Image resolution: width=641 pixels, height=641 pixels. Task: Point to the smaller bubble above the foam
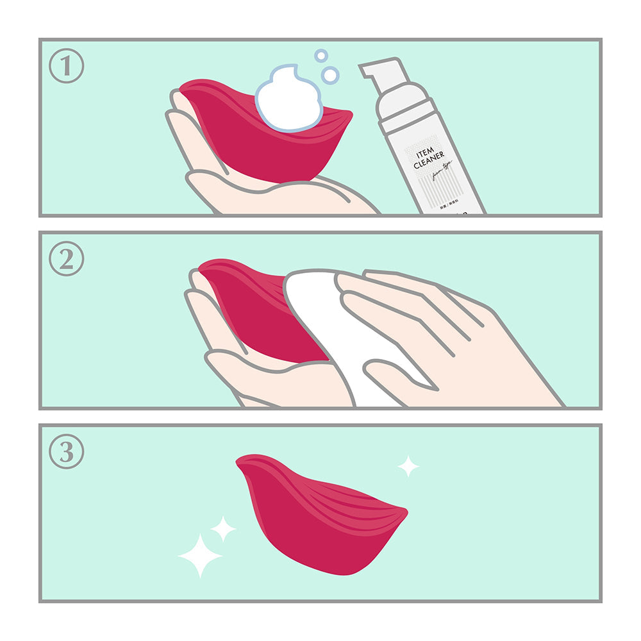click(320, 56)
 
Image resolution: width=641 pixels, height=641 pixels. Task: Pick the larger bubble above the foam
click(329, 75)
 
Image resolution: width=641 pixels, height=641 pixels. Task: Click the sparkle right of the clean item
click(408, 466)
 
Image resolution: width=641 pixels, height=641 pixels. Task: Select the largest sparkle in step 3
click(199, 555)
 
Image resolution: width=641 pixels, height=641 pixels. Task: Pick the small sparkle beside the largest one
click(223, 529)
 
